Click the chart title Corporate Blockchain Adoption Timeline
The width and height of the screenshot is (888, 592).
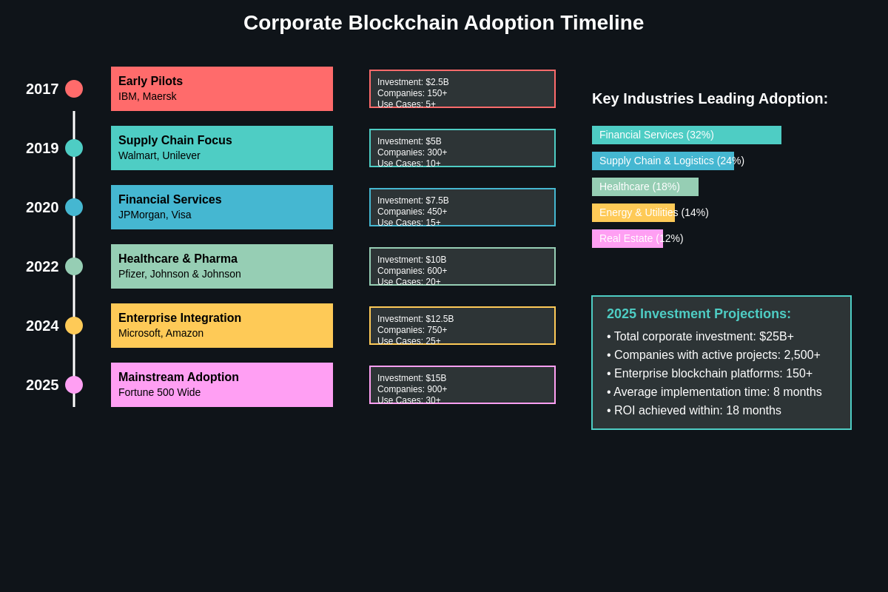coord(443,23)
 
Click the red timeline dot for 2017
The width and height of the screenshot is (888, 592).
coord(74,89)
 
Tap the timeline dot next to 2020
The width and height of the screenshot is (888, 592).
coord(74,207)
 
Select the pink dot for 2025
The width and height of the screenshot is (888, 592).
coord(74,385)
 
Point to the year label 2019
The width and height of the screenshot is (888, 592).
coord(42,148)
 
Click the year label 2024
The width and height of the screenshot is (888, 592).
coord(42,326)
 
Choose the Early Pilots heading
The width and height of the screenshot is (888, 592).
coord(150,81)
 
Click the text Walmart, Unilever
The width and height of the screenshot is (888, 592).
coord(159,155)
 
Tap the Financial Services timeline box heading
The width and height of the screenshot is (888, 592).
coord(169,200)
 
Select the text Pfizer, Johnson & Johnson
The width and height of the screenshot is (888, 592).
coord(179,274)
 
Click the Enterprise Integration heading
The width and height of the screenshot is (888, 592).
coord(179,318)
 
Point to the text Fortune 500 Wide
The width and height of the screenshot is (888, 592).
coord(159,392)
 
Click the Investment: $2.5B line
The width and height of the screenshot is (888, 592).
coord(413,82)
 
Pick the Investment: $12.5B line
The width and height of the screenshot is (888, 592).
coord(415,319)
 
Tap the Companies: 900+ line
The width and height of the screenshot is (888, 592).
coord(412,389)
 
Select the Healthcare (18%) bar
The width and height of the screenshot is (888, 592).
coord(645,186)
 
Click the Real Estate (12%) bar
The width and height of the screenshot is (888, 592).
coord(628,238)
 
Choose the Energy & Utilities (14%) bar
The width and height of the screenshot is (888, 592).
coord(633,212)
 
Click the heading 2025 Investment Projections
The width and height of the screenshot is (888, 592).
coord(699,314)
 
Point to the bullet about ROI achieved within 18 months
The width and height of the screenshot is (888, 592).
coord(694,411)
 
